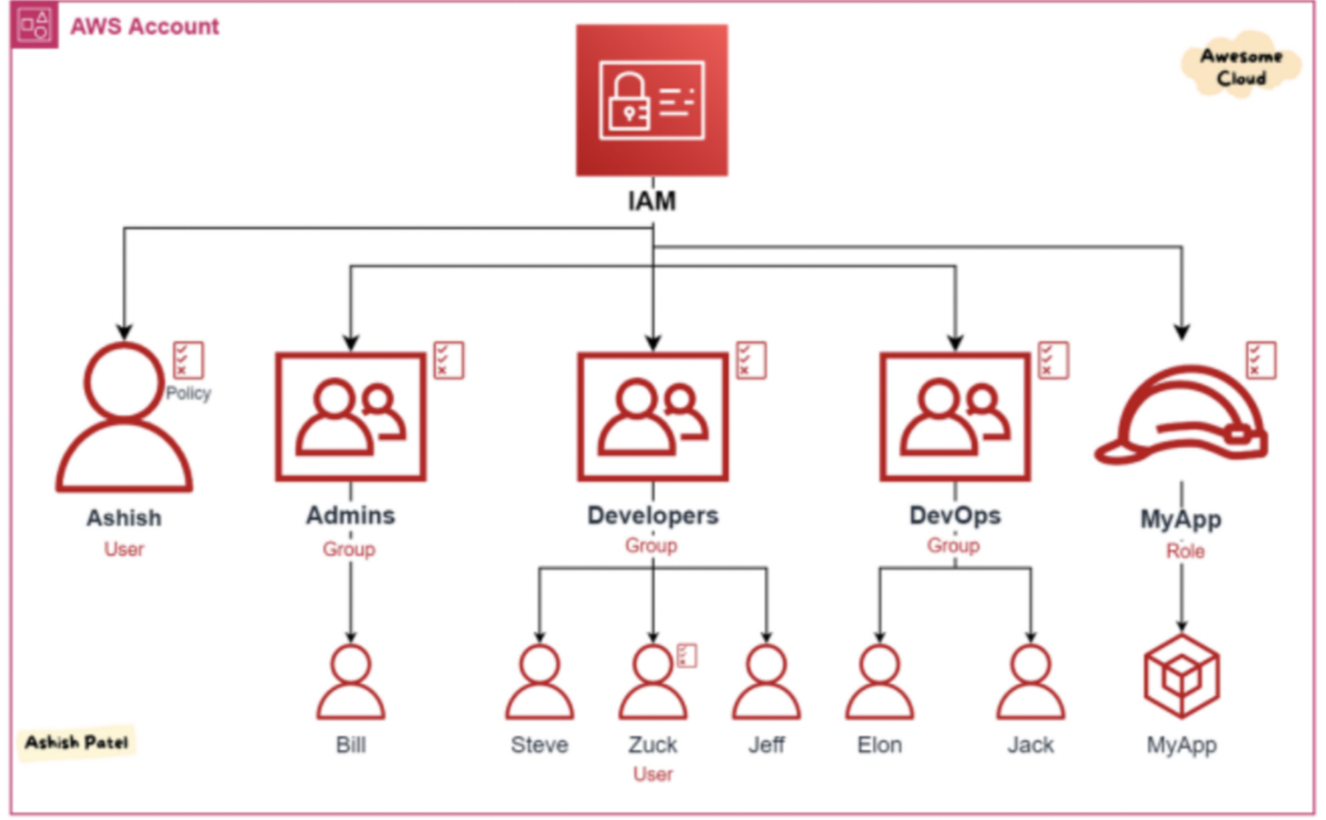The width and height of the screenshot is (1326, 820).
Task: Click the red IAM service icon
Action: pyautogui.click(x=652, y=100)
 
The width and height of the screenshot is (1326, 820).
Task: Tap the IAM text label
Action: pyautogui.click(x=652, y=201)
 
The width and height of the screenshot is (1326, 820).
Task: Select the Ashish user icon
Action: pyautogui.click(x=125, y=418)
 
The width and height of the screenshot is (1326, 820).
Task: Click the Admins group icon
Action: pyautogui.click(x=351, y=417)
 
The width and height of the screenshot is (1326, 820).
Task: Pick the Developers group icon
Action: pyautogui.click(x=653, y=417)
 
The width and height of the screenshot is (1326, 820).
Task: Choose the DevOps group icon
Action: pyautogui.click(x=955, y=417)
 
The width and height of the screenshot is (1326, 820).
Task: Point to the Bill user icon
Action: pyautogui.click(x=351, y=683)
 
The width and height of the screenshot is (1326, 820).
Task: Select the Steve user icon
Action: pyautogui.click(x=539, y=683)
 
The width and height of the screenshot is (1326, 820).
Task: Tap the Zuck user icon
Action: pyautogui.click(x=653, y=683)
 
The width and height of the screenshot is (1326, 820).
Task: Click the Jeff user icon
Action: pyautogui.click(x=766, y=683)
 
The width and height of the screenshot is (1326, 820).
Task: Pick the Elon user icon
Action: pyautogui.click(x=880, y=683)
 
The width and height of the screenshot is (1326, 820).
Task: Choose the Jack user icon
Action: pyautogui.click(x=1030, y=683)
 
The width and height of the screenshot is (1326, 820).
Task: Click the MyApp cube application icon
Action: pyautogui.click(x=1181, y=676)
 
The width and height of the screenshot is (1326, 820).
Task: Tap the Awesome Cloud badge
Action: pyautogui.click(x=1240, y=67)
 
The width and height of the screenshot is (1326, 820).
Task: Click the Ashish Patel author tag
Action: pyautogui.click(x=77, y=742)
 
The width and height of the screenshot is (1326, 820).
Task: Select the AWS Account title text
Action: pyautogui.click(x=145, y=26)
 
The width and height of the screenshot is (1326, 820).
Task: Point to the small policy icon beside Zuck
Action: pyautogui.click(x=687, y=655)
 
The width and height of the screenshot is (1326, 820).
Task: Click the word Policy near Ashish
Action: pyautogui.click(x=189, y=393)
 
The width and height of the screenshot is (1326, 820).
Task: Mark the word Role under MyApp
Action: pyautogui.click(x=1185, y=550)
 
